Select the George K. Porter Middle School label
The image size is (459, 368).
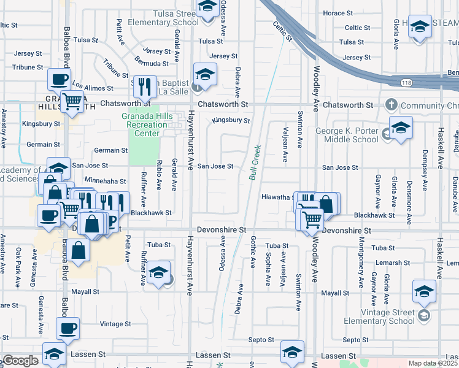[347, 135]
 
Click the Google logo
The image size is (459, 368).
[20, 361]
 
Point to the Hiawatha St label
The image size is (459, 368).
[276, 197]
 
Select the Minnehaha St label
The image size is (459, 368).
[105, 182]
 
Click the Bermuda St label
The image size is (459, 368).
[153, 63]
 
